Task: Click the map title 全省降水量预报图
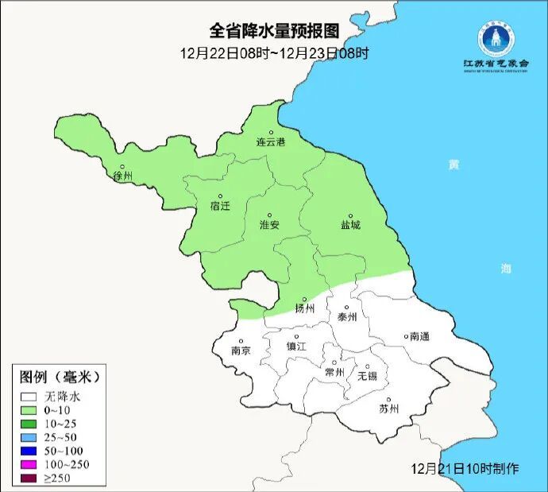coord(274,31)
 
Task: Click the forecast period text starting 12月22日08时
coord(274,54)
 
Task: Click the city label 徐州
coord(123,176)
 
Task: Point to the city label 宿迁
coord(220,206)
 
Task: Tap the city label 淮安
coord(269,225)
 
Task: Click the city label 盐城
coord(350,225)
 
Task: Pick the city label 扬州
coord(305,308)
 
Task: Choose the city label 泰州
coord(347,316)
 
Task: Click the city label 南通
coord(419,337)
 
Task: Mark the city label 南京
coord(241,351)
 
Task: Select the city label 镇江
coord(296,347)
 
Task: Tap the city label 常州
coord(335,372)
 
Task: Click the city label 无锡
coord(367,375)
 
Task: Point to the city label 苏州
coord(388,409)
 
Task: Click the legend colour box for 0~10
coord(30,409)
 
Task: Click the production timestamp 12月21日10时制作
coord(466,469)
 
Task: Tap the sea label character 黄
coord(453,165)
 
